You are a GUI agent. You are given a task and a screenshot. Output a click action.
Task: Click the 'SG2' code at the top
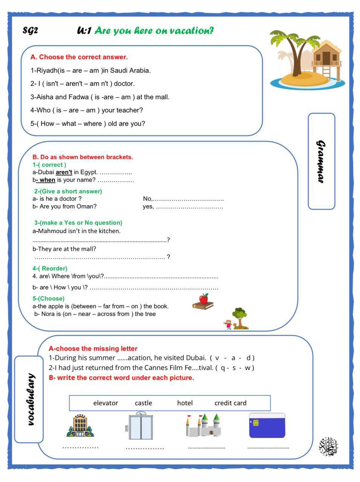[30, 31]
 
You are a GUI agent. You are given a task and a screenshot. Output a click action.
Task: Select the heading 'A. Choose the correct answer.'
[79, 57]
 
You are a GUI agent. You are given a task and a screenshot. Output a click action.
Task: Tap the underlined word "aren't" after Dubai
[64, 172]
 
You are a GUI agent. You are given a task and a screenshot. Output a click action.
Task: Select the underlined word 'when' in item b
[47, 180]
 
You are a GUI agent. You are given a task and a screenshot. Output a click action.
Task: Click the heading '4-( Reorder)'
[50, 268]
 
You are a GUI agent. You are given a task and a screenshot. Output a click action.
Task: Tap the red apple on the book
[204, 299]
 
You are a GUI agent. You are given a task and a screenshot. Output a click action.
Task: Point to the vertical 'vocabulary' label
[32, 399]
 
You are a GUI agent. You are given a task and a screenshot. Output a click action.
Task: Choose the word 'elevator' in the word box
[105, 403]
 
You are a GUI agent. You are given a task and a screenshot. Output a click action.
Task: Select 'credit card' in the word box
[230, 403]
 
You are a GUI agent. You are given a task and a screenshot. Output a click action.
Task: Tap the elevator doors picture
[141, 427]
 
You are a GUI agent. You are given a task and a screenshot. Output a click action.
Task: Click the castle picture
[204, 426]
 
